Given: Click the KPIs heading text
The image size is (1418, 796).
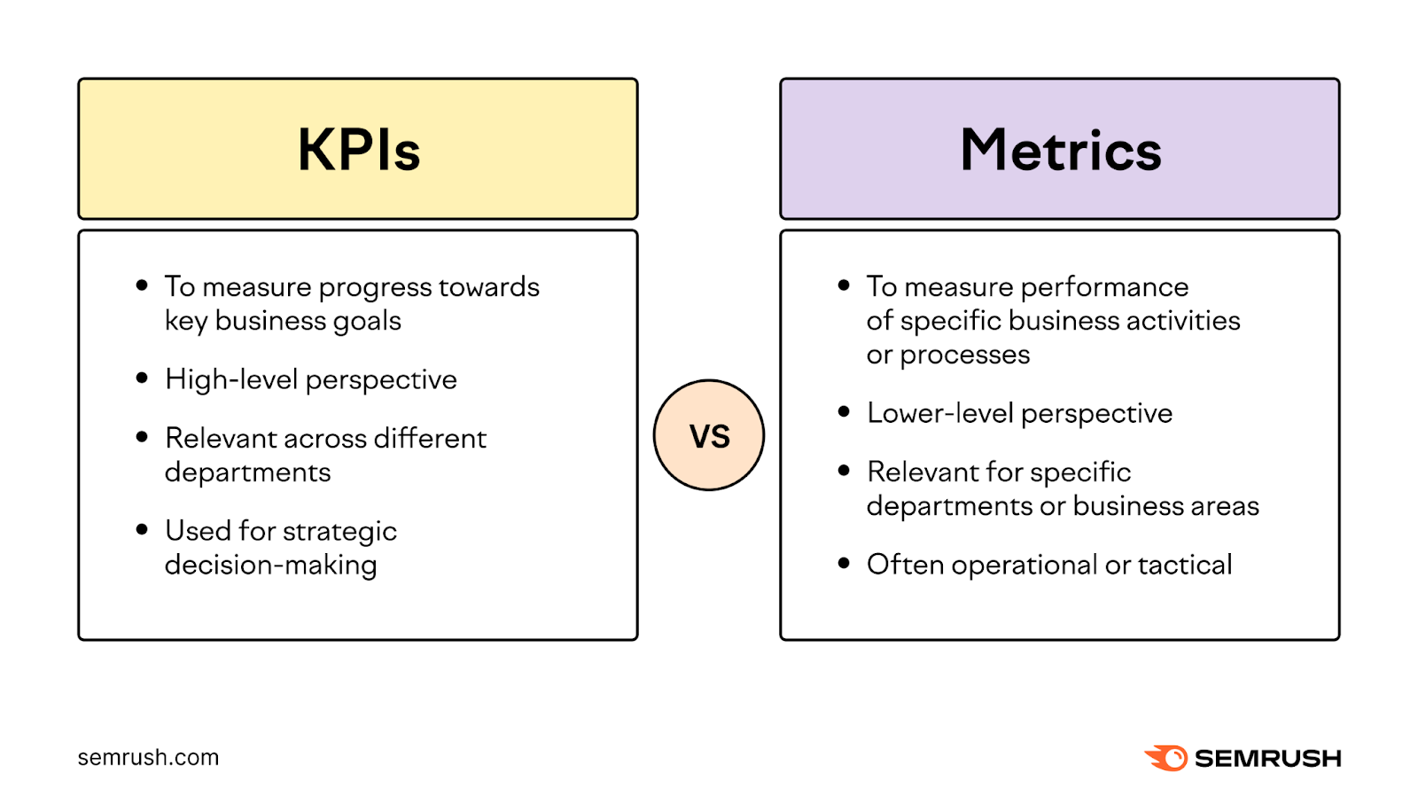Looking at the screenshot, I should click(x=358, y=150).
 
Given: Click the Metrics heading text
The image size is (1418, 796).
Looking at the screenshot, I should click(x=1060, y=150).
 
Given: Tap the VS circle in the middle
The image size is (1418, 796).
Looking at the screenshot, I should click(x=709, y=435).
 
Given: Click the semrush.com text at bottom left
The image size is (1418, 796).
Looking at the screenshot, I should click(x=148, y=758).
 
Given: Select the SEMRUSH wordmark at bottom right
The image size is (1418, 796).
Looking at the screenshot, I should click(x=1267, y=759).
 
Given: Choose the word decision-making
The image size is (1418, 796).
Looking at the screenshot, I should click(x=270, y=566).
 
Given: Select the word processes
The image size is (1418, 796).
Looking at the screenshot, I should click(x=964, y=355).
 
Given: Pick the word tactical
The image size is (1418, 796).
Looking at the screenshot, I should click(x=1185, y=565).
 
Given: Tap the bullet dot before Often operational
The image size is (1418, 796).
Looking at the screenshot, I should click(x=844, y=563).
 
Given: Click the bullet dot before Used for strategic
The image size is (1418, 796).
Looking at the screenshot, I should click(x=142, y=529).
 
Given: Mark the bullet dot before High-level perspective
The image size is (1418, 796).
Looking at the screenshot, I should click(x=142, y=378).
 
